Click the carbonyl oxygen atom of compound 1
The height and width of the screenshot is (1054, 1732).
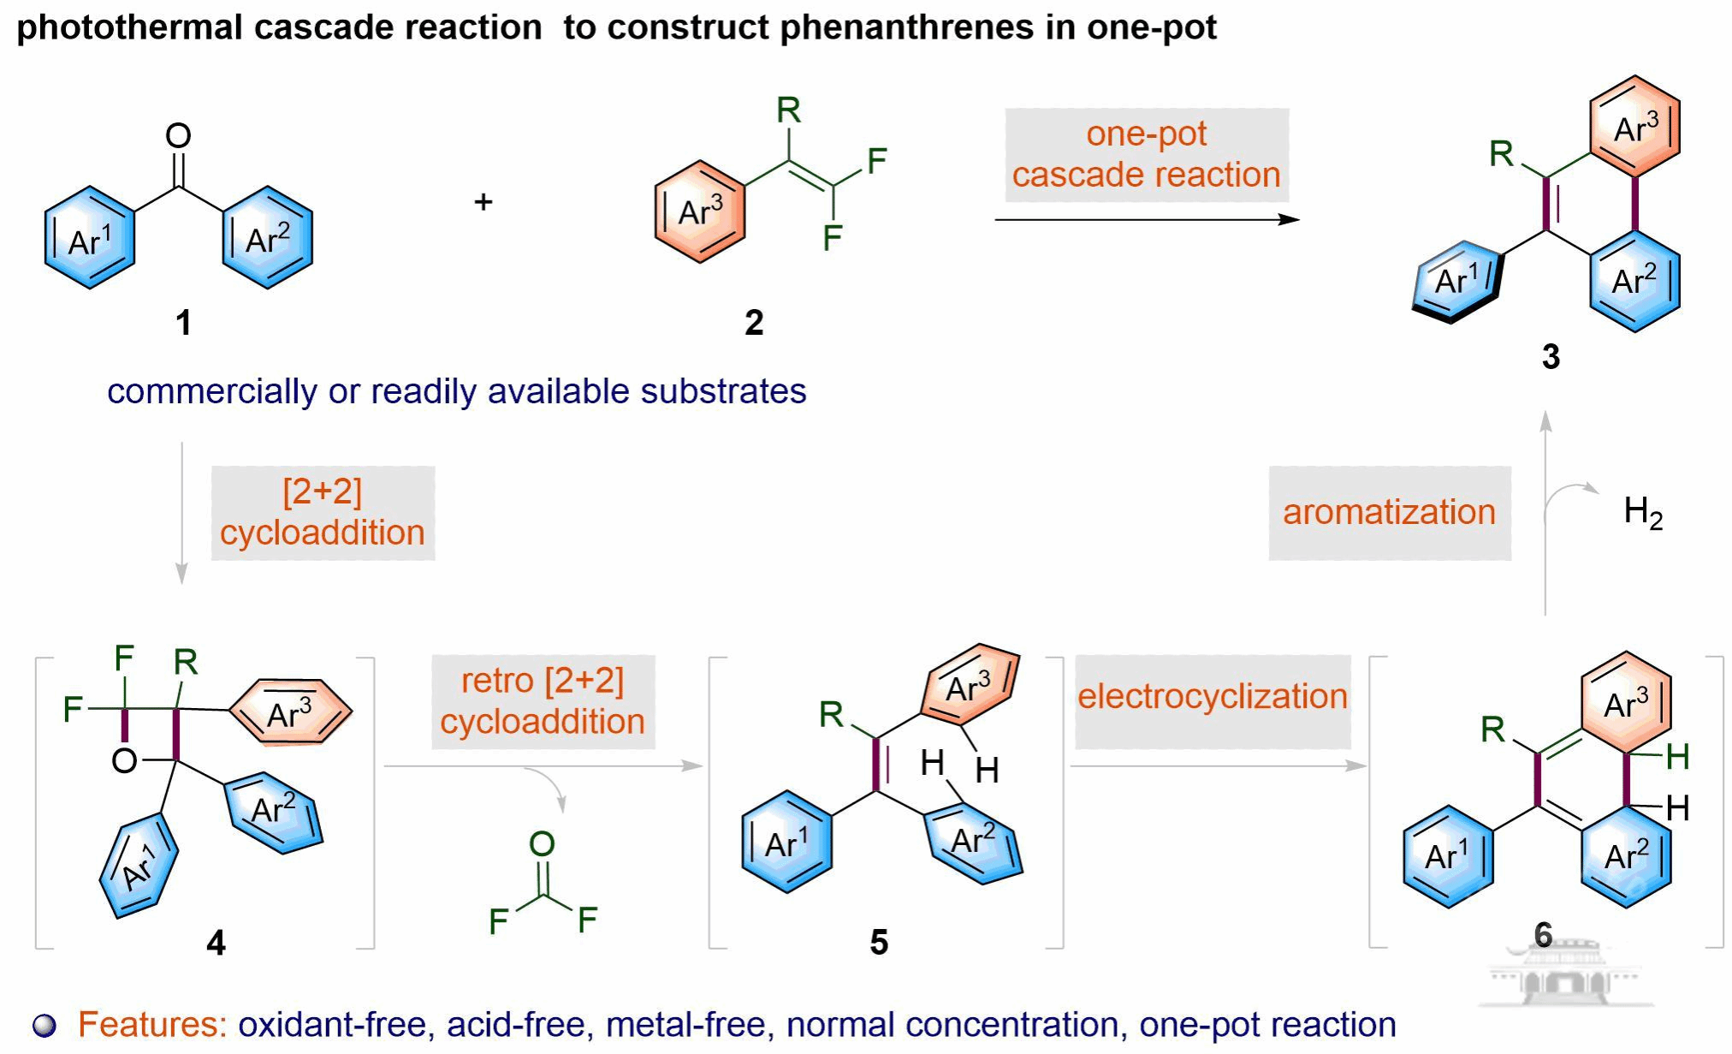click(x=178, y=135)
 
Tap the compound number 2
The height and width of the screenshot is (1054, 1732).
click(x=753, y=323)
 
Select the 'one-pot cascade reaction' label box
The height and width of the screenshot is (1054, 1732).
click(x=1146, y=155)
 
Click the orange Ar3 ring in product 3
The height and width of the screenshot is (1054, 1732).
click(x=1634, y=128)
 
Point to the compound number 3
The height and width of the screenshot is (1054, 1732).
click(x=1551, y=356)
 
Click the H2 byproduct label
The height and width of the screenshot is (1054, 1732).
click(x=1642, y=513)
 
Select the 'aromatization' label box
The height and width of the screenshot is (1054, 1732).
click(x=1389, y=513)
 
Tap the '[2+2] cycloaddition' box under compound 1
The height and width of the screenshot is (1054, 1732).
click(x=323, y=513)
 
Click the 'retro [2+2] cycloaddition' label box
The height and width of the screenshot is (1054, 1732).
click(x=543, y=701)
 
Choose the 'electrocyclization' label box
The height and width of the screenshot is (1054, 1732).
click(x=1212, y=697)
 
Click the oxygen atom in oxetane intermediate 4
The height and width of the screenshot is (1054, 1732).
click(x=124, y=760)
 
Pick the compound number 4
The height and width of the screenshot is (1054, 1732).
click(x=216, y=943)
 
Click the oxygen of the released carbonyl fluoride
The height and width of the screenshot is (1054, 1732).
click(x=542, y=844)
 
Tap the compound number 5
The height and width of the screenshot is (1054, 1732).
click(x=879, y=942)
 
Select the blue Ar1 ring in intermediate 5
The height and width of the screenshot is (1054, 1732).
click(x=786, y=843)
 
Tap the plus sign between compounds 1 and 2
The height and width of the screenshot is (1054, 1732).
click(x=483, y=202)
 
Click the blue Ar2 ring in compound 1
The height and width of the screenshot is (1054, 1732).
click(x=268, y=238)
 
